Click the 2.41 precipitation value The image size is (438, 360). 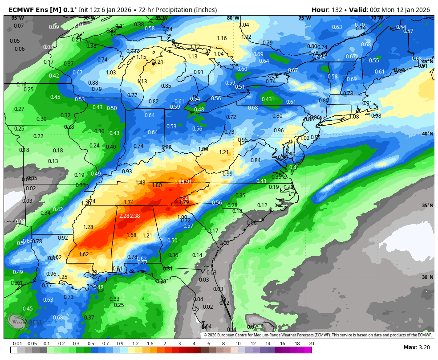click(185, 198)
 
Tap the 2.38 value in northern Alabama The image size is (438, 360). click(135, 216)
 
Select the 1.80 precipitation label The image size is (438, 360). click(157, 185)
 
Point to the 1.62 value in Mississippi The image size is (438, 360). click(84, 254)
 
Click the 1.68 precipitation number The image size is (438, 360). click(131, 235)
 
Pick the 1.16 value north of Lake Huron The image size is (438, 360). click(222, 38)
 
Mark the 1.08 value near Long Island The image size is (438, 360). click(354, 117)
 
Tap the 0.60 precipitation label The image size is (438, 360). click(242, 69)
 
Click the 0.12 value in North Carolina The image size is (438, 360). click(262, 205)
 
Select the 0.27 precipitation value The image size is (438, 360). click(19, 109)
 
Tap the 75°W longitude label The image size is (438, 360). click(304, 18)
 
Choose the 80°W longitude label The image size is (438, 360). click(232, 18)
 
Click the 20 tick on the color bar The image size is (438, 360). click(311, 344)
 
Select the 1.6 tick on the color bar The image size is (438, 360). click(150, 344)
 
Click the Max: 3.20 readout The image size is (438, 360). click(416, 347)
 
